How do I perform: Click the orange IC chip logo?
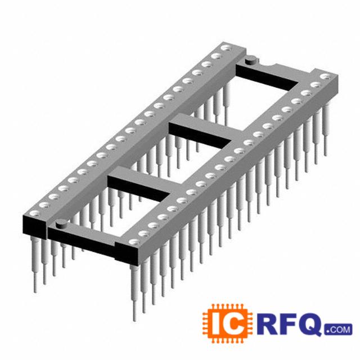coord(227,324)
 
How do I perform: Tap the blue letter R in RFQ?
coord(268,324)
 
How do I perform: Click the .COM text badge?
coord(339,329)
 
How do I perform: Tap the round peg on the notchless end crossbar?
coord(61,223)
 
